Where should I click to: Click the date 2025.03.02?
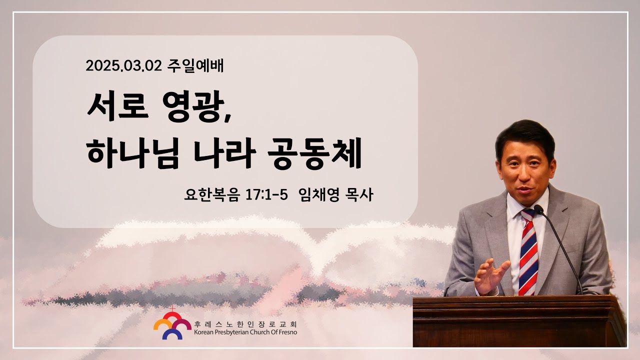[123, 66]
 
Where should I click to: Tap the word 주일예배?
[195, 66]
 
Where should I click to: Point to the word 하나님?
[133, 153]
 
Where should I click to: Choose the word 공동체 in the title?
[315, 153]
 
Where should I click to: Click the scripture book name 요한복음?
[211, 195]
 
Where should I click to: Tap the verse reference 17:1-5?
[266, 195]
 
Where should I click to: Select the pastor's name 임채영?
[318, 195]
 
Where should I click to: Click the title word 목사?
[359, 195]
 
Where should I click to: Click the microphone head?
[538, 209]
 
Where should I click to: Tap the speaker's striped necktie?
[528, 252]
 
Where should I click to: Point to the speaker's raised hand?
[490, 275]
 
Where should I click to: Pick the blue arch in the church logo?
[172, 333]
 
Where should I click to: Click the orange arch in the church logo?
[162, 324]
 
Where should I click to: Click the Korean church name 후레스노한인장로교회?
[245, 324]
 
